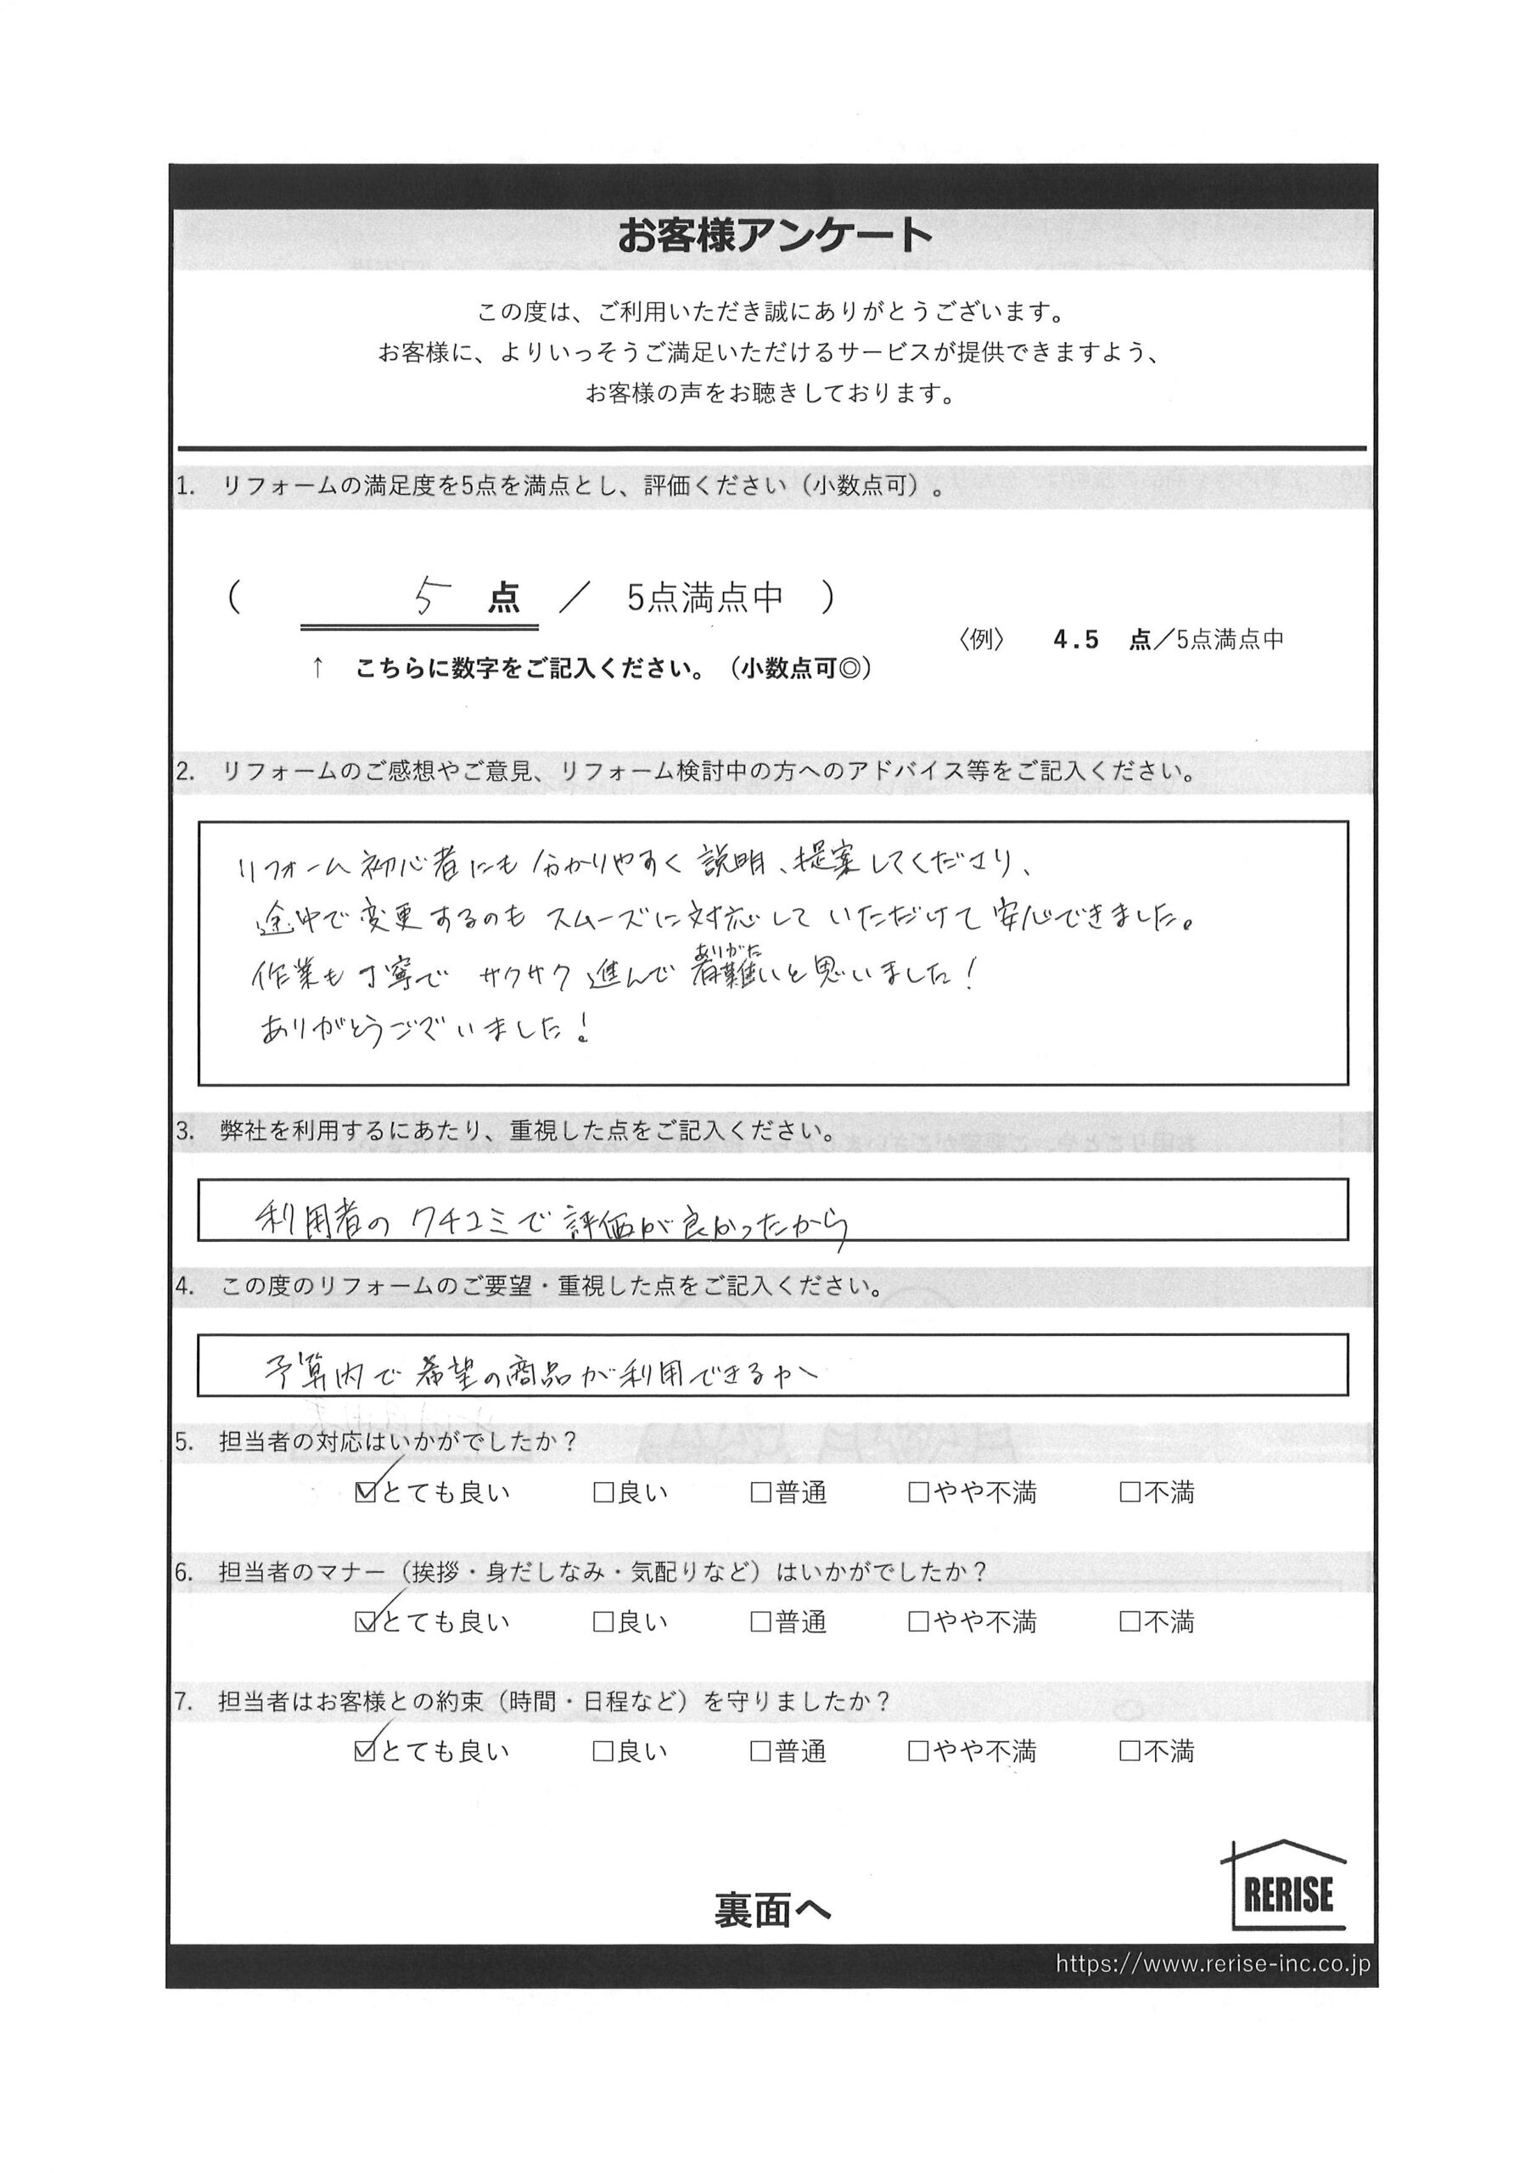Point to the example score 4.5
[1076, 640]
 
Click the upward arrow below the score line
[317, 668]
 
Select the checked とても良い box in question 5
[364, 1492]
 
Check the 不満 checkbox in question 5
[1129, 1492]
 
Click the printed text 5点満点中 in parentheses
[705, 598]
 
